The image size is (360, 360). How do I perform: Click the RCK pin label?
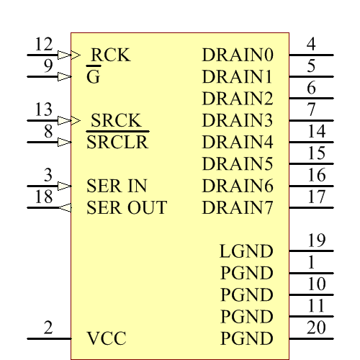click(110, 55)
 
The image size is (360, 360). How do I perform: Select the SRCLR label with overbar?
click(117, 142)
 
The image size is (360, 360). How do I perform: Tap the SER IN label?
click(117, 186)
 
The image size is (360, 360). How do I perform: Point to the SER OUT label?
click(127, 208)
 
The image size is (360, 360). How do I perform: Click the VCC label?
click(107, 338)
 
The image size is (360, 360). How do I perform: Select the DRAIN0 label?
click(238, 55)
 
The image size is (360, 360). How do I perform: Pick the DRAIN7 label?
click(238, 208)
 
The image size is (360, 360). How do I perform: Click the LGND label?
click(246, 251)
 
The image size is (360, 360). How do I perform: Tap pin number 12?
click(44, 45)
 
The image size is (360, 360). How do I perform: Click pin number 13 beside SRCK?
click(44, 110)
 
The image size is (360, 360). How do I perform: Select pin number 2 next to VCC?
click(48, 328)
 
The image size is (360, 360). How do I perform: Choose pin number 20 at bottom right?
click(317, 328)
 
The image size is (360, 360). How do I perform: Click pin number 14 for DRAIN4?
click(317, 132)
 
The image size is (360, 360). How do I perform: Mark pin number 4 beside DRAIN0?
click(311, 45)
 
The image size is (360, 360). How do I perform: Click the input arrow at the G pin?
click(64, 76)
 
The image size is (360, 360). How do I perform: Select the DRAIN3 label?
click(238, 120)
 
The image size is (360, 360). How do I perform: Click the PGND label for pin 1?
click(246, 273)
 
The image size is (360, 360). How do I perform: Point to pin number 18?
click(44, 198)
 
